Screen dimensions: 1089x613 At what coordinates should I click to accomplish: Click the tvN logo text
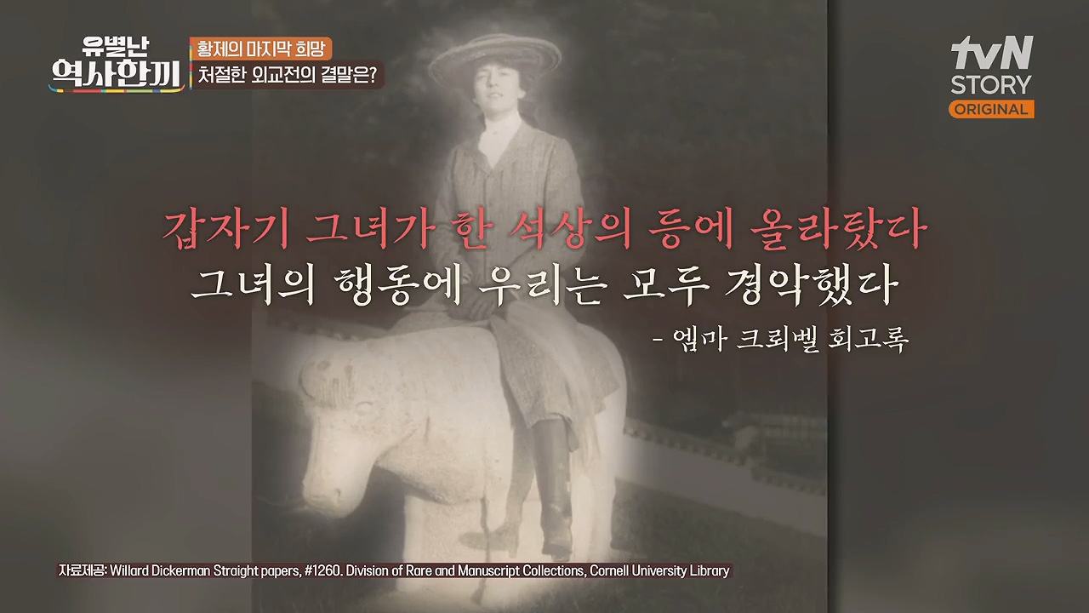992,53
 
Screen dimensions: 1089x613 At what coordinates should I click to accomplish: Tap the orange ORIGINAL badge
991,109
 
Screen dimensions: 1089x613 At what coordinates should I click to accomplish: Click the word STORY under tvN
991,84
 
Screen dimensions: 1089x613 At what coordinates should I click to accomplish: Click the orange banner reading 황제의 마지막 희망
260,49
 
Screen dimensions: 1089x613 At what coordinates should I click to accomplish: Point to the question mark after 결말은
372,75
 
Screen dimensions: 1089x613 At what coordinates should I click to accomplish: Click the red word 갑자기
226,231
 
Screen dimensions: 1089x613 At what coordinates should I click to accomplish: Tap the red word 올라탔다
838,231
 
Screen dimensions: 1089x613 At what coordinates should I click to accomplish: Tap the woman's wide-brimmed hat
495,56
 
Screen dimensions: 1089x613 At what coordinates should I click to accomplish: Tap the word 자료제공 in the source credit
81,570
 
